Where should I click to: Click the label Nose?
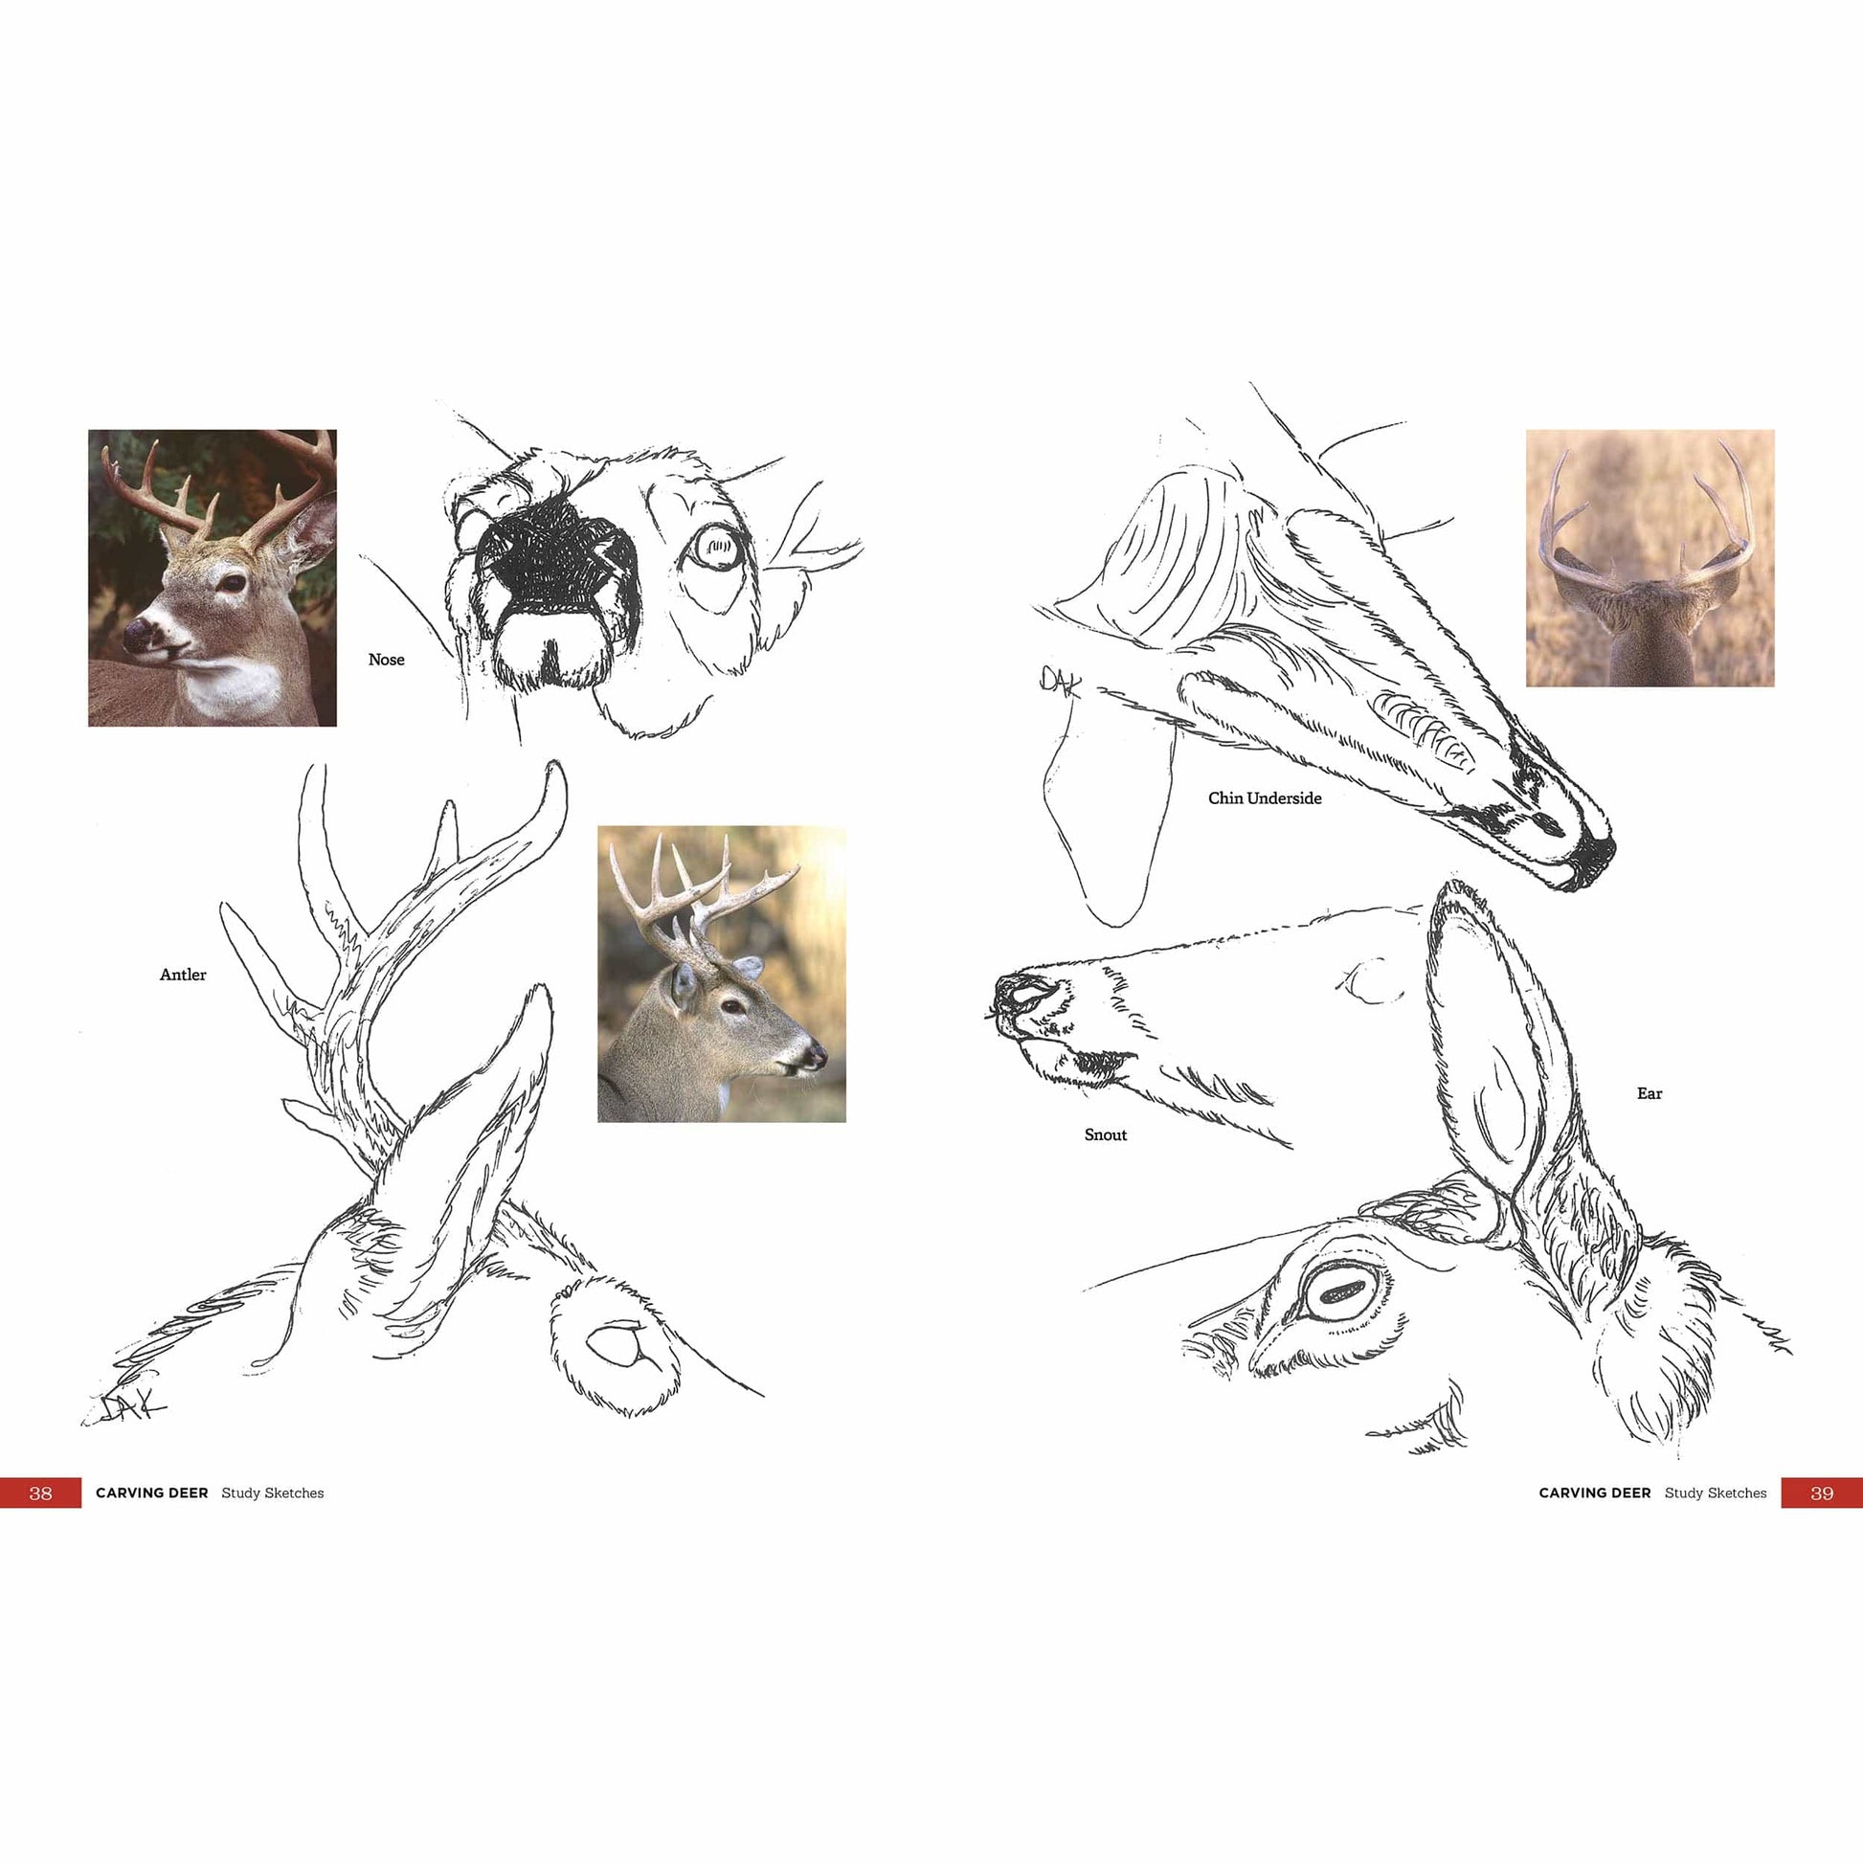pyautogui.click(x=386, y=660)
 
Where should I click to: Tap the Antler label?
pyautogui.click(x=182, y=975)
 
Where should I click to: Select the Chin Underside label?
pyautogui.click(x=1264, y=798)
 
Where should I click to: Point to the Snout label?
pyautogui.click(x=1105, y=1135)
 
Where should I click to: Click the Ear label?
pyautogui.click(x=1649, y=1093)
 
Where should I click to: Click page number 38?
pyautogui.click(x=39, y=1493)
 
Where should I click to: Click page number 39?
pyautogui.click(x=1822, y=1493)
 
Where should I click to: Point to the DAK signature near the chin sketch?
pyautogui.click(x=1060, y=681)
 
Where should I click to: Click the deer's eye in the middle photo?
pyautogui.click(x=733, y=1007)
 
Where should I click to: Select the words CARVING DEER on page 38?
pyautogui.click(x=151, y=1493)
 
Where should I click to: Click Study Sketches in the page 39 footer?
pyautogui.click(x=1716, y=1493)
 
